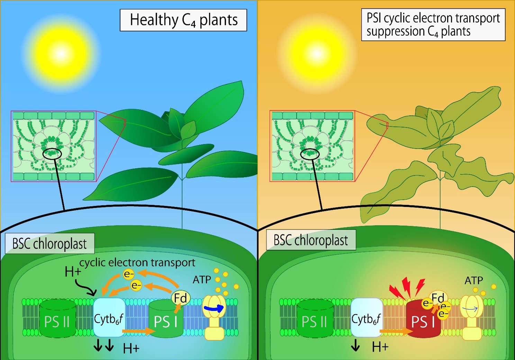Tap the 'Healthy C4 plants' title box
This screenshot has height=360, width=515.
tap(183, 20)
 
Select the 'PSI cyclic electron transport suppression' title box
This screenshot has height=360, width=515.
tap(433, 25)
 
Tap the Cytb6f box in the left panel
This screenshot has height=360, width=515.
tap(109, 317)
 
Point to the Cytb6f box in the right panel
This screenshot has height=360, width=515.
tap(367, 317)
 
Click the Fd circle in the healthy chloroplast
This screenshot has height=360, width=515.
tap(180, 298)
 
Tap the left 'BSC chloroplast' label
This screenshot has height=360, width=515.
tap(49, 244)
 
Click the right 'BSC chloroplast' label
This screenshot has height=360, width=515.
tap(310, 240)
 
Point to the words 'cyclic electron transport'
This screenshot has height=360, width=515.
tap(137, 262)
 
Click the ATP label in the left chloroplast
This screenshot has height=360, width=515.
tap(202, 279)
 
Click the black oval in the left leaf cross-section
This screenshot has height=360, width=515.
tap(52, 153)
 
